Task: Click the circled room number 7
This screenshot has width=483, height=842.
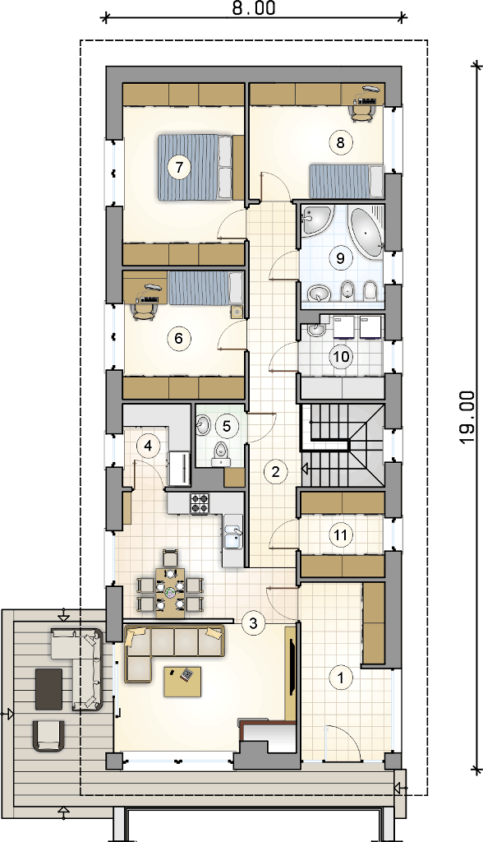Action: (x=179, y=166)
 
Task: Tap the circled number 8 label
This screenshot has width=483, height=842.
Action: (x=340, y=142)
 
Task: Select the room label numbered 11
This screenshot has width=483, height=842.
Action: (x=340, y=534)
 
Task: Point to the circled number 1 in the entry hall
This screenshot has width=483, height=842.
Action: (x=340, y=678)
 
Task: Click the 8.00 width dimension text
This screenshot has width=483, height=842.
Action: (x=254, y=9)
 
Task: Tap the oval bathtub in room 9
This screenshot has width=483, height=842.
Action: (x=366, y=231)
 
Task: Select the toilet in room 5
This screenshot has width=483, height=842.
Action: (x=221, y=453)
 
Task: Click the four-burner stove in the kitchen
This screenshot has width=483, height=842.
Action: (x=200, y=503)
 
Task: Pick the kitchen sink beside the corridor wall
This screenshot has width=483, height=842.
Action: (x=232, y=538)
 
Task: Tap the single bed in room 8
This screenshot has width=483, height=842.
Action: (x=346, y=182)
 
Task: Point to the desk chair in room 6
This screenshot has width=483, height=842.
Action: (x=144, y=311)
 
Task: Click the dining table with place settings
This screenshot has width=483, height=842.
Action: (x=170, y=590)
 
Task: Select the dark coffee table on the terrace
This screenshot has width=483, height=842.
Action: (x=48, y=688)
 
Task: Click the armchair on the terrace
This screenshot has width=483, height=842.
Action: (x=48, y=735)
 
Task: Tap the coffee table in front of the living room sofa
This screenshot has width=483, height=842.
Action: (x=182, y=681)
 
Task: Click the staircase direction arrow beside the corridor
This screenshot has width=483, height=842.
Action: (x=304, y=470)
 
